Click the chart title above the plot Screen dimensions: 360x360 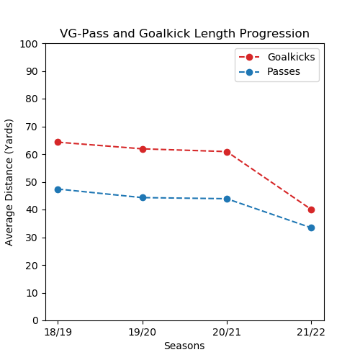(x=184, y=34)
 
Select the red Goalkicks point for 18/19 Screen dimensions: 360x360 (x=58, y=142)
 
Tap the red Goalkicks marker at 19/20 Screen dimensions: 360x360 (x=143, y=149)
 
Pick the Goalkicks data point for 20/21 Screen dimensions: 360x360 (x=227, y=152)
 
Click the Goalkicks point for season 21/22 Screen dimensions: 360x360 (x=311, y=210)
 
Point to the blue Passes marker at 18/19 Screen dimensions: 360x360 (x=58, y=189)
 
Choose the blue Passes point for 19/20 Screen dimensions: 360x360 (x=143, y=197)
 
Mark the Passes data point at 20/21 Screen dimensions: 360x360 (x=227, y=199)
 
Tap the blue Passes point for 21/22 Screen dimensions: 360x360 (x=311, y=228)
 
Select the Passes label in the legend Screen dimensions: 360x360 (x=284, y=72)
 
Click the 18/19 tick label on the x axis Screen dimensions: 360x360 (x=58, y=332)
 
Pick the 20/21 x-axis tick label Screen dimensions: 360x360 (x=227, y=332)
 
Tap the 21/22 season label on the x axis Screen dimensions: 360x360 (x=311, y=332)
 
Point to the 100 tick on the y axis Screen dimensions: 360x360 (x=31, y=44)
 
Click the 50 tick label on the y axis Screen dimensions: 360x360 (x=33, y=182)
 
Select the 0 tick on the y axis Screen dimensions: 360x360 (x=36, y=320)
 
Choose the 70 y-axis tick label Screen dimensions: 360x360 (x=33, y=127)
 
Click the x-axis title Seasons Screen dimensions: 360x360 (x=184, y=346)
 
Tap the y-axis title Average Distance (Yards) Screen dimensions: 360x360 (x=10, y=182)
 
